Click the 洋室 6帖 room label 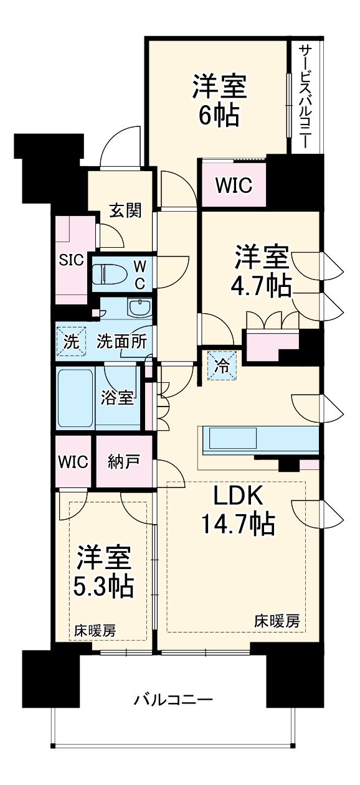[x=219, y=100]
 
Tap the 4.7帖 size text [x=261, y=285]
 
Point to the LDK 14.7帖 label [x=237, y=510]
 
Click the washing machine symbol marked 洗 [x=72, y=341]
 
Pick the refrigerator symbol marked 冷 [x=221, y=365]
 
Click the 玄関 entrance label [x=125, y=210]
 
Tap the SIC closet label [x=70, y=260]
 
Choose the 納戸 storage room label [x=123, y=463]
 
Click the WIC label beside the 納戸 [x=73, y=463]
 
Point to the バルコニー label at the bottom [x=174, y=700]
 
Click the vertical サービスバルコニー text [x=305, y=95]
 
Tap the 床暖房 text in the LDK [x=277, y=621]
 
